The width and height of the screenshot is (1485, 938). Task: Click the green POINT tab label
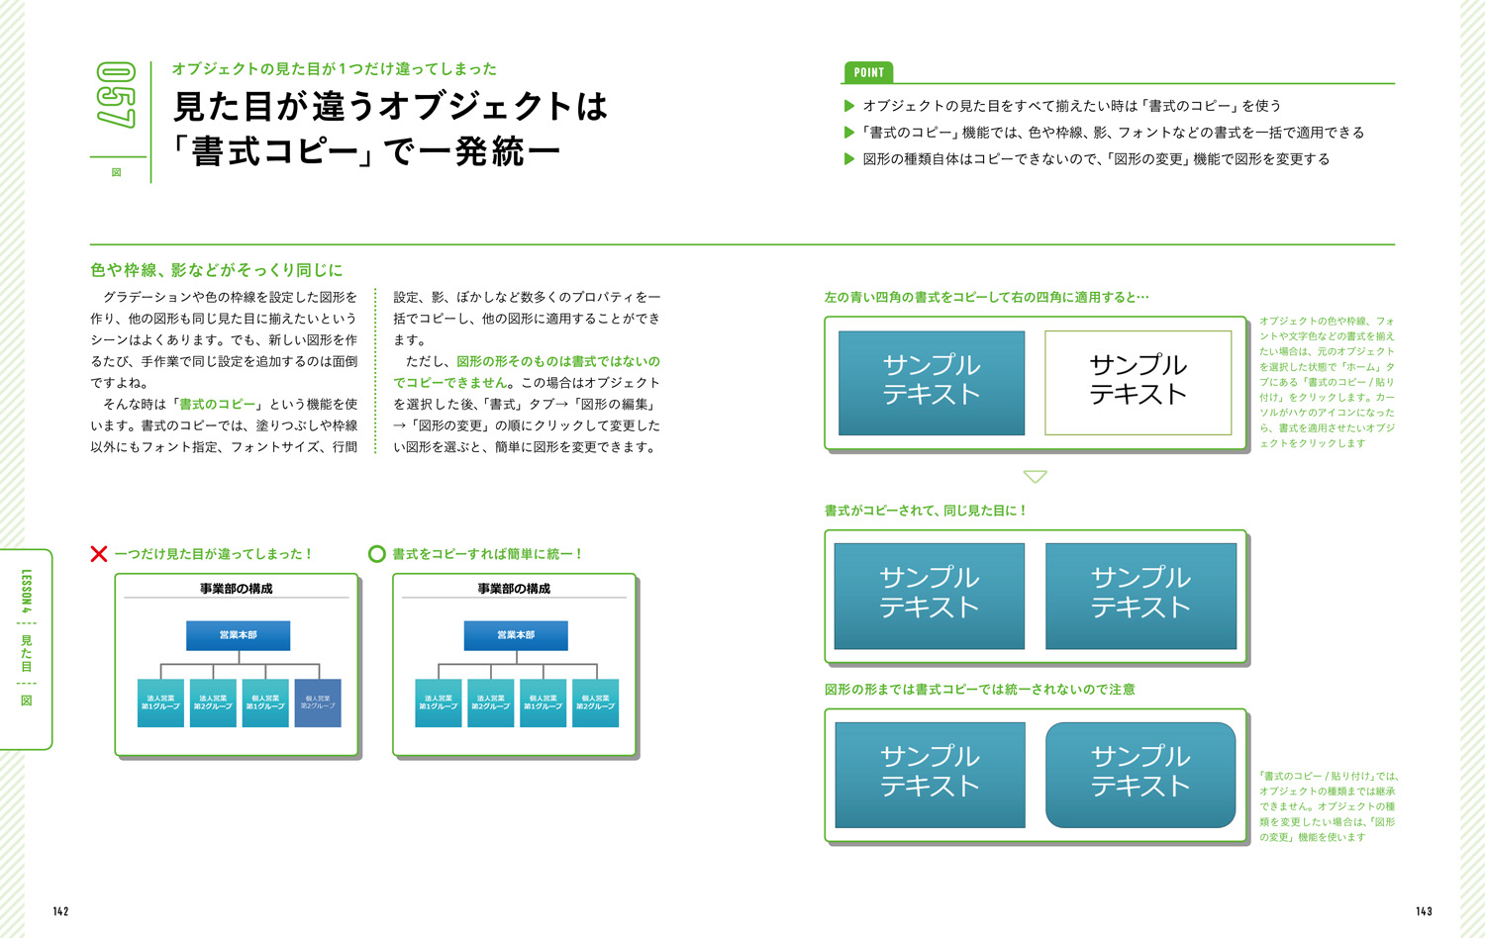pyautogui.click(x=868, y=72)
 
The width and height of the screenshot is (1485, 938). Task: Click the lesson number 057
pyautogui.click(x=116, y=95)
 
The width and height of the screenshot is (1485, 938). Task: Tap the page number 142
pyautogui.click(x=61, y=911)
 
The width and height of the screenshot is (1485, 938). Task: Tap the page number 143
pyautogui.click(x=1424, y=911)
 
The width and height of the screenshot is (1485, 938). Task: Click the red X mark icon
pyautogui.click(x=99, y=554)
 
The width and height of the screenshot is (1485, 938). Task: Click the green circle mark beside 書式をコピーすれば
pyautogui.click(x=376, y=554)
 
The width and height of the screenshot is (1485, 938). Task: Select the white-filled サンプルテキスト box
pyautogui.click(x=1138, y=382)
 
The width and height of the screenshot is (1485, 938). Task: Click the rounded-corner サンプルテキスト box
pyautogui.click(x=1139, y=775)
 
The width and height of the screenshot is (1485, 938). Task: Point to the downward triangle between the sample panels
pyautogui.click(x=1035, y=477)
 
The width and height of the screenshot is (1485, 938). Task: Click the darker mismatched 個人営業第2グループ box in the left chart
pyautogui.click(x=318, y=703)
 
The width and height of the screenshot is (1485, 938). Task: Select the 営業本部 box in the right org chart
pyautogui.click(x=516, y=635)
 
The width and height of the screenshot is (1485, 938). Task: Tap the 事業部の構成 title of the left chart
pyautogui.click(x=236, y=589)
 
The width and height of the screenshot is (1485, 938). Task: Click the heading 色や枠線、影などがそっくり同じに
pyautogui.click(x=216, y=270)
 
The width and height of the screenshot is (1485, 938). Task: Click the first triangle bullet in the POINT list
pyautogui.click(x=848, y=106)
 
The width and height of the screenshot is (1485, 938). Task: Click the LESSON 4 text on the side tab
pyautogui.click(x=27, y=591)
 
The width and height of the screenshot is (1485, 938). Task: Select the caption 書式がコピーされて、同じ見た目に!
pyautogui.click(x=925, y=511)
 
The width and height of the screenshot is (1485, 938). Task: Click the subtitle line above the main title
pyautogui.click(x=334, y=69)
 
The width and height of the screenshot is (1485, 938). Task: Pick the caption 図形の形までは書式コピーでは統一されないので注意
pyautogui.click(x=979, y=690)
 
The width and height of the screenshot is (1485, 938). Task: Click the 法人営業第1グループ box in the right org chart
pyautogui.click(x=439, y=703)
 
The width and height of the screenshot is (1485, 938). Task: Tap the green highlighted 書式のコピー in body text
pyautogui.click(x=217, y=405)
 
